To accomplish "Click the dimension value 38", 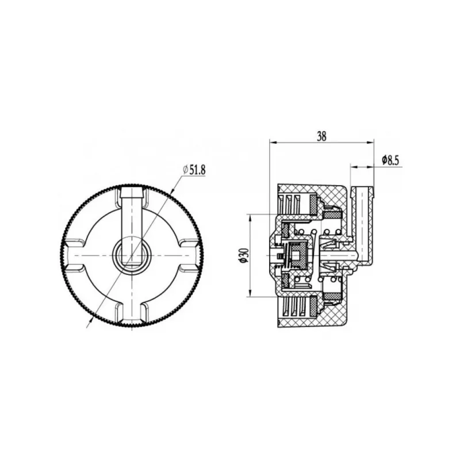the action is [x=321, y=136].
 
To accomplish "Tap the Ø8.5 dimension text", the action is [x=390, y=160].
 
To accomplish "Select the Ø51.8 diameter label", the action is [x=194, y=170].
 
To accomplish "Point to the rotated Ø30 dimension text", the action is [x=245, y=255].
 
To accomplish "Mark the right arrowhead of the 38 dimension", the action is [x=370, y=143].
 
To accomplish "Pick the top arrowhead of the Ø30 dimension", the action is [x=250, y=218].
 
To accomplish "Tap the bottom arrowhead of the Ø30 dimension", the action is [x=250, y=293].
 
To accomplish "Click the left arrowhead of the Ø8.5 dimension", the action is [x=354, y=167].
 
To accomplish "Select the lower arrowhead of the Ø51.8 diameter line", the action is [x=91, y=321].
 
